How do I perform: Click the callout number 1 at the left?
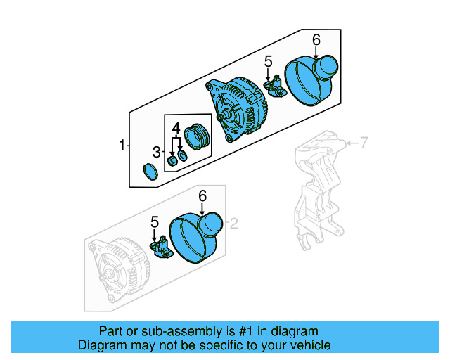[122, 146]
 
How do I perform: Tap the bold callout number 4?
[177, 127]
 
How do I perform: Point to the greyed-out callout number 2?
[235, 224]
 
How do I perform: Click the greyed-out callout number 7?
[364, 144]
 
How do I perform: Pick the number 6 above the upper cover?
[316, 39]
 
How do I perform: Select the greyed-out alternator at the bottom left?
[116, 271]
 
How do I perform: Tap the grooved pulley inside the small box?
[196, 136]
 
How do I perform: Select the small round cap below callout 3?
[149, 172]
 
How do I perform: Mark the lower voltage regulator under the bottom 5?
[161, 247]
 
